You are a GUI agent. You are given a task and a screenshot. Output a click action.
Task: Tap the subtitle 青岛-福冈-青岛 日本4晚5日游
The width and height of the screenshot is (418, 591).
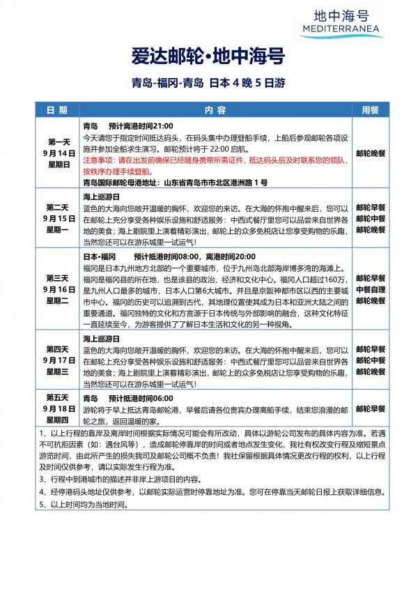209,84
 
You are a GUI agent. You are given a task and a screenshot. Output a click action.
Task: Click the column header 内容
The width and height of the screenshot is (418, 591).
215,110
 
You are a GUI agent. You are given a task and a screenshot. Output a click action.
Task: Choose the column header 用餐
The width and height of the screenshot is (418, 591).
370,110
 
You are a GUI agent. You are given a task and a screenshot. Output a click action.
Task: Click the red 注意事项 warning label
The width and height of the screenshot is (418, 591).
98,160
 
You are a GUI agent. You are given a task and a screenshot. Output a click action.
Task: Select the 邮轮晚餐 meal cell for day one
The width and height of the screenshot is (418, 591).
370,153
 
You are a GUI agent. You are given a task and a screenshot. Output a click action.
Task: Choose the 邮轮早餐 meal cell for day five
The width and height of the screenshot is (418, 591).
370,408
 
